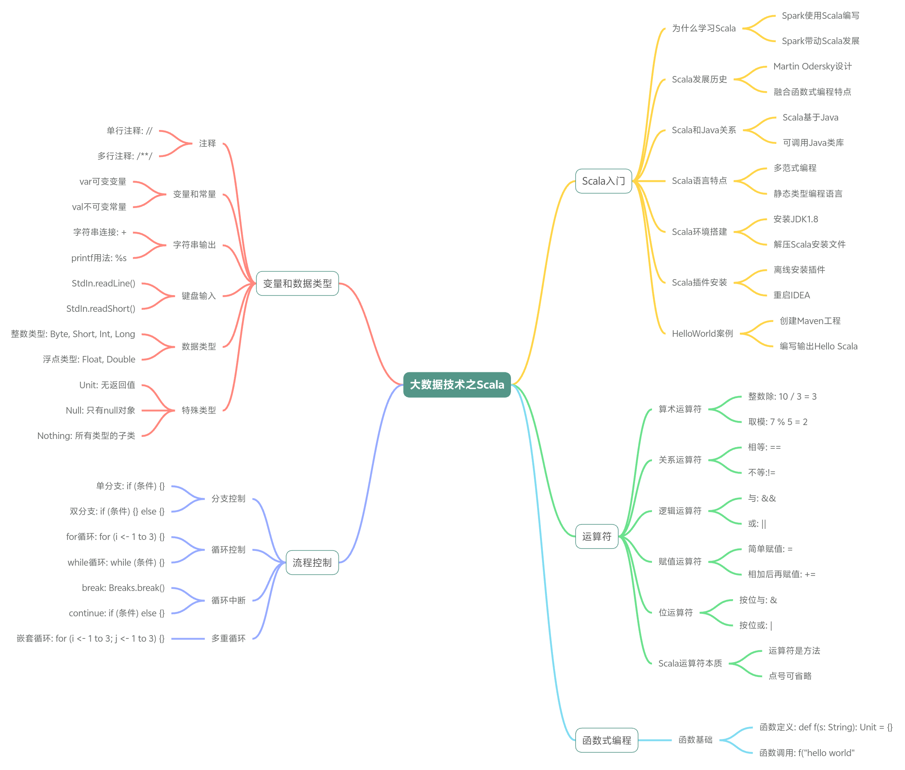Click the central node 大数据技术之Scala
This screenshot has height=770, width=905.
click(x=456, y=385)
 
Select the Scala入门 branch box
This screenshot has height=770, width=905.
click(x=603, y=181)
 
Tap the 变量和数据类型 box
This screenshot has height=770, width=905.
click(x=297, y=283)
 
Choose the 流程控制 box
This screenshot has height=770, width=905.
click(x=312, y=562)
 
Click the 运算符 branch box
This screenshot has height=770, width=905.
click(x=596, y=537)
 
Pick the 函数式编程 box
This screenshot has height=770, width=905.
click(x=606, y=740)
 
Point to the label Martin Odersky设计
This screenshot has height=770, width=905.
click(x=812, y=66)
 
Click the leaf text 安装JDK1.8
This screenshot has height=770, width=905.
click(x=795, y=219)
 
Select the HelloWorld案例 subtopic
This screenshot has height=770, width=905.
click(x=702, y=334)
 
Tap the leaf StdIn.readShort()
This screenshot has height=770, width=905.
click(x=101, y=309)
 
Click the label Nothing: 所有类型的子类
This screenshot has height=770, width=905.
click(x=86, y=436)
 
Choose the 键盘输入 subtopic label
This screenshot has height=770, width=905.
click(x=199, y=296)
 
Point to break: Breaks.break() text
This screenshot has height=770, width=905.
click(x=123, y=588)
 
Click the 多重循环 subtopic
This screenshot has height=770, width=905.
click(x=228, y=638)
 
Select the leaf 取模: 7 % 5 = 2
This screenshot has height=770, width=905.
click(x=777, y=422)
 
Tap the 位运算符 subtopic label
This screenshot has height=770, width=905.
click(x=675, y=612)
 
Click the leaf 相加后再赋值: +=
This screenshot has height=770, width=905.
click(x=782, y=574)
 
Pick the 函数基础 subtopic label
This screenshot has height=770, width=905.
click(x=695, y=740)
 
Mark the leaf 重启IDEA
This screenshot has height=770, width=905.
click(x=791, y=295)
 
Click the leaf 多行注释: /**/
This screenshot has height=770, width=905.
click(x=124, y=156)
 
